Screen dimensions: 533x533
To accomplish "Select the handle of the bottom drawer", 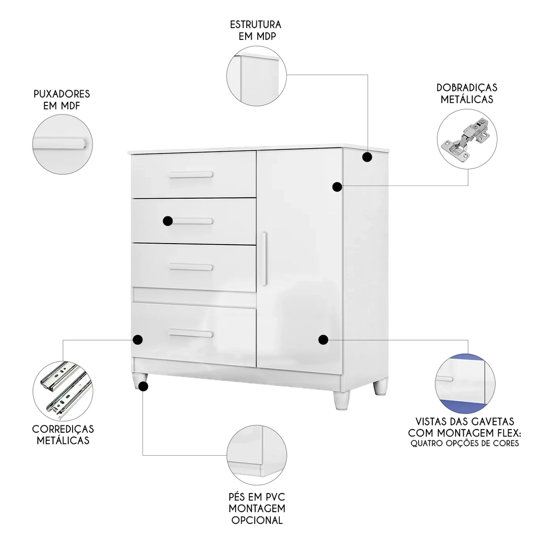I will pyautogui.click(x=191, y=334).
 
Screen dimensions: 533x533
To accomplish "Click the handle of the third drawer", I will pyautogui.click(x=191, y=266).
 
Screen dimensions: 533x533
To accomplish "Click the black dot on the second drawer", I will pyautogui.click(x=168, y=221).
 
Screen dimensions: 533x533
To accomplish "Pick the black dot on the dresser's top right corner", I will pyautogui.click(x=367, y=157).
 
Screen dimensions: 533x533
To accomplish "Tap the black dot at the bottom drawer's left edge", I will pyautogui.click(x=138, y=340).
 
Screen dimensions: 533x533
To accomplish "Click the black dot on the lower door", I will pyautogui.click(x=323, y=340).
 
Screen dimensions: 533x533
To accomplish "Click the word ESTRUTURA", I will pyautogui.click(x=255, y=25).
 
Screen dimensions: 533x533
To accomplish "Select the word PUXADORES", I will pyautogui.click(x=61, y=94).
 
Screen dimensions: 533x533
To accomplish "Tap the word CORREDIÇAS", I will pyautogui.click(x=63, y=429).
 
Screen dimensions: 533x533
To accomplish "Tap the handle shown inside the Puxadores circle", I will pyautogui.click(x=59, y=142).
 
